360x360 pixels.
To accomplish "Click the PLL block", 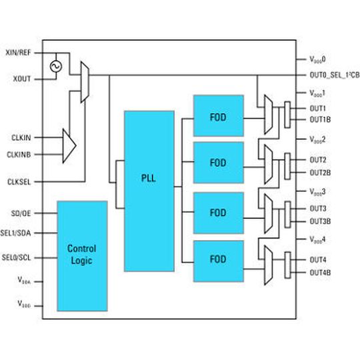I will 149,191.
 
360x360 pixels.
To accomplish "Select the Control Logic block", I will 82,255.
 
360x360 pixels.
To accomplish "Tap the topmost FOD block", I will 218,116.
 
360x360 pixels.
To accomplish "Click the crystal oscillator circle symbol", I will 55,67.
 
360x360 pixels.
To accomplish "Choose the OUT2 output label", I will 317,159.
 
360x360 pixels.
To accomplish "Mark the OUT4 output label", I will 317,259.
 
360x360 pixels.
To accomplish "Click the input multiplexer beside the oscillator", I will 85,82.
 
